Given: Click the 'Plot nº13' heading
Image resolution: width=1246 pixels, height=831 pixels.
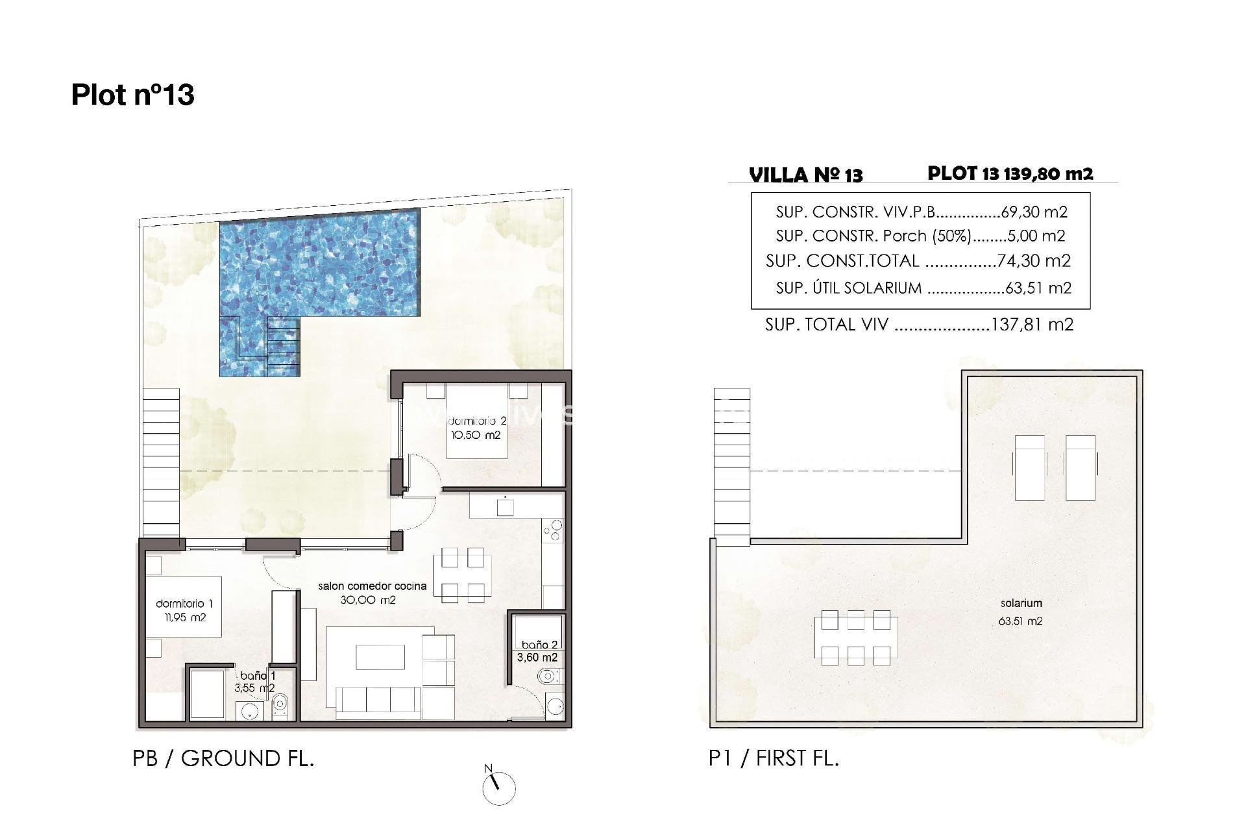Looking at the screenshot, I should [x=132, y=95].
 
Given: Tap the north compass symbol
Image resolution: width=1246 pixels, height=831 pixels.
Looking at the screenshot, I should [x=498, y=788].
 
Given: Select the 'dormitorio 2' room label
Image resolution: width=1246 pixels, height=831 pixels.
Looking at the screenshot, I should [x=477, y=422].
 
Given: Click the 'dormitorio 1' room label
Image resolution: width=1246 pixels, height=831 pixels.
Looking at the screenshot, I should [x=184, y=604].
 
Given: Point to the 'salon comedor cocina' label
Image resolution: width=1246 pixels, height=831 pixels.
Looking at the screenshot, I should [x=372, y=586].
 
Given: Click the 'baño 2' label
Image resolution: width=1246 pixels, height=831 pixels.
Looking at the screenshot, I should [x=540, y=645].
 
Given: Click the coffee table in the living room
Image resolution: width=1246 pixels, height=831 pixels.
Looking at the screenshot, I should [x=380, y=656].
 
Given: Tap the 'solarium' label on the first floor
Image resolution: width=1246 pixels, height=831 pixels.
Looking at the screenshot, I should [x=1021, y=604].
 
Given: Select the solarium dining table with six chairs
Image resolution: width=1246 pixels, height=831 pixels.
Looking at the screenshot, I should [x=855, y=638].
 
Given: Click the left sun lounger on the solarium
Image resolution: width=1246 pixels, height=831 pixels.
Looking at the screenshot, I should [x=1030, y=467].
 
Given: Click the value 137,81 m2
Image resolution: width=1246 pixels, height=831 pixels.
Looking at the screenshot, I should [x=1032, y=325].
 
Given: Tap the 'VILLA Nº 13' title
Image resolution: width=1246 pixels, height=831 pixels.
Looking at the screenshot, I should [x=805, y=175].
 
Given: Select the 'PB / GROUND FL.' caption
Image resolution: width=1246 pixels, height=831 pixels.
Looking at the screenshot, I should [x=223, y=758].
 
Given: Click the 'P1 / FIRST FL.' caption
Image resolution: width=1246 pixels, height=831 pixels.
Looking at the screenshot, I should [x=774, y=758].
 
